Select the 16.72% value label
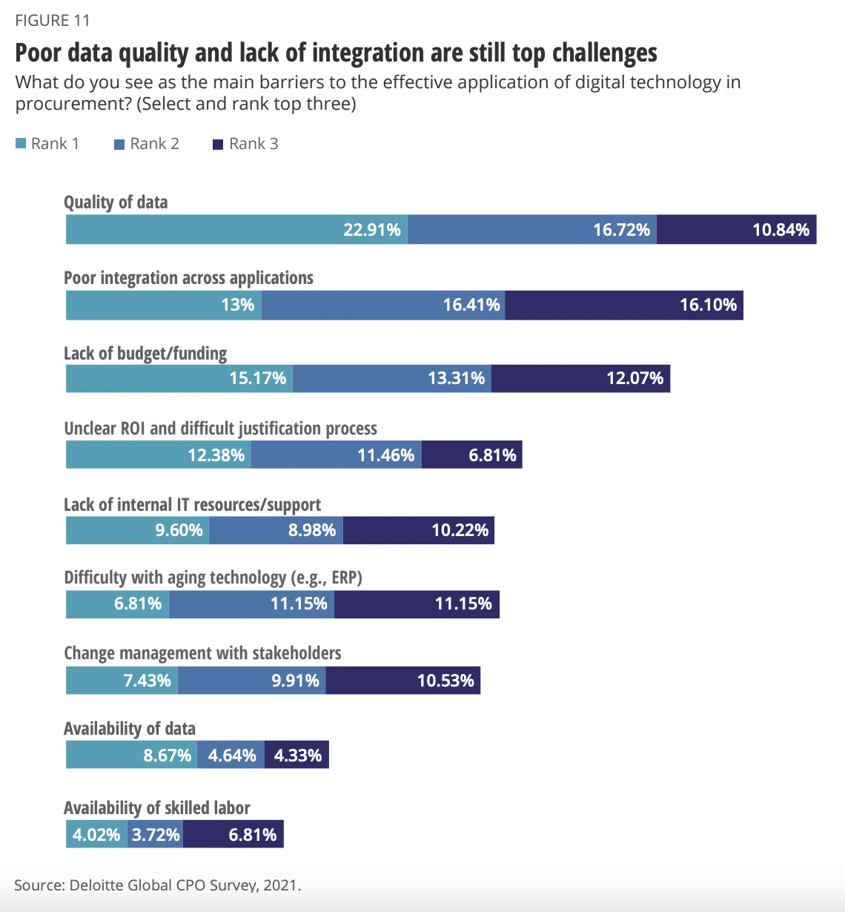[x=621, y=230]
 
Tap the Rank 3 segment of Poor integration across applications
[x=624, y=305]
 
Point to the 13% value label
[x=238, y=305]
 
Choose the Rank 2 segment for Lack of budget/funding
[x=391, y=378]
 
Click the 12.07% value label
[x=634, y=378]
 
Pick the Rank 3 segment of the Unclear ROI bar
[x=472, y=455]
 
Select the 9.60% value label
[x=179, y=530]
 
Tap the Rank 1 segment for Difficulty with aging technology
[x=117, y=604]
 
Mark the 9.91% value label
[x=295, y=680]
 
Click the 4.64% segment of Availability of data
[x=231, y=756]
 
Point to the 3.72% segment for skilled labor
[x=156, y=835]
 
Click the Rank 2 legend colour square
[x=119, y=145]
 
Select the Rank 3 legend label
[x=253, y=144]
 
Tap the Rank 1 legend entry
[x=48, y=144]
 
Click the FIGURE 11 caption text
[x=53, y=20]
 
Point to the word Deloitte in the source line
[x=98, y=885]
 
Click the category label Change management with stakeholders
[x=202, y=653]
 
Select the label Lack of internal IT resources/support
[x=192, y=505]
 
